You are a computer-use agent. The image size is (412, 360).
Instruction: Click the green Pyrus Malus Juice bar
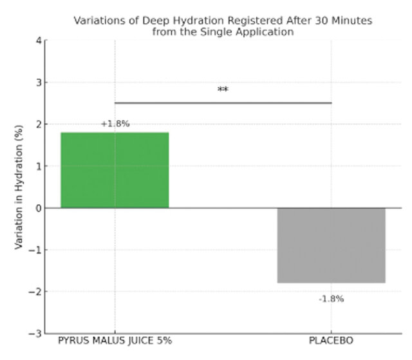pyautogui.click(x=115, y=170)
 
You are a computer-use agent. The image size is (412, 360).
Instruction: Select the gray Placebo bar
pyautogui.click(x=331, y=245)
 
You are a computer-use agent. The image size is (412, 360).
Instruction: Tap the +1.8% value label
pyautogui.click(x=115, y=124)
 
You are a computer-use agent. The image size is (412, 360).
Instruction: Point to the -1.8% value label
pyautogui.click(x=331, y=299)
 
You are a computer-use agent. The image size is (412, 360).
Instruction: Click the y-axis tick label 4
pyautogui.click(x=39, y=41)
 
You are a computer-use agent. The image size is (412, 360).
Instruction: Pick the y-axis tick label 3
pyautogui.click(x=39, y=82)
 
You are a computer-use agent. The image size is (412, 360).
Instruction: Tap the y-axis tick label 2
pyautogui.click(x=39, y=124)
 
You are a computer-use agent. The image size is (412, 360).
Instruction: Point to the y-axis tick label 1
pyautogui.click(x=39, y=166)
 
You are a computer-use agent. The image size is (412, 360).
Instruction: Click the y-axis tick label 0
pyautogui.click(x=39, y=208)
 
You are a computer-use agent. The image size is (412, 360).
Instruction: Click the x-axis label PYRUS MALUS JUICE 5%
pyautogui.click(x=115, y=341)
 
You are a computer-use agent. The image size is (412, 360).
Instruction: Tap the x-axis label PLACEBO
pyautogui.click(x=331, y=341)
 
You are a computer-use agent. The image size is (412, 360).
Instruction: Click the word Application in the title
pyautogui.click(x=261, y=31)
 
